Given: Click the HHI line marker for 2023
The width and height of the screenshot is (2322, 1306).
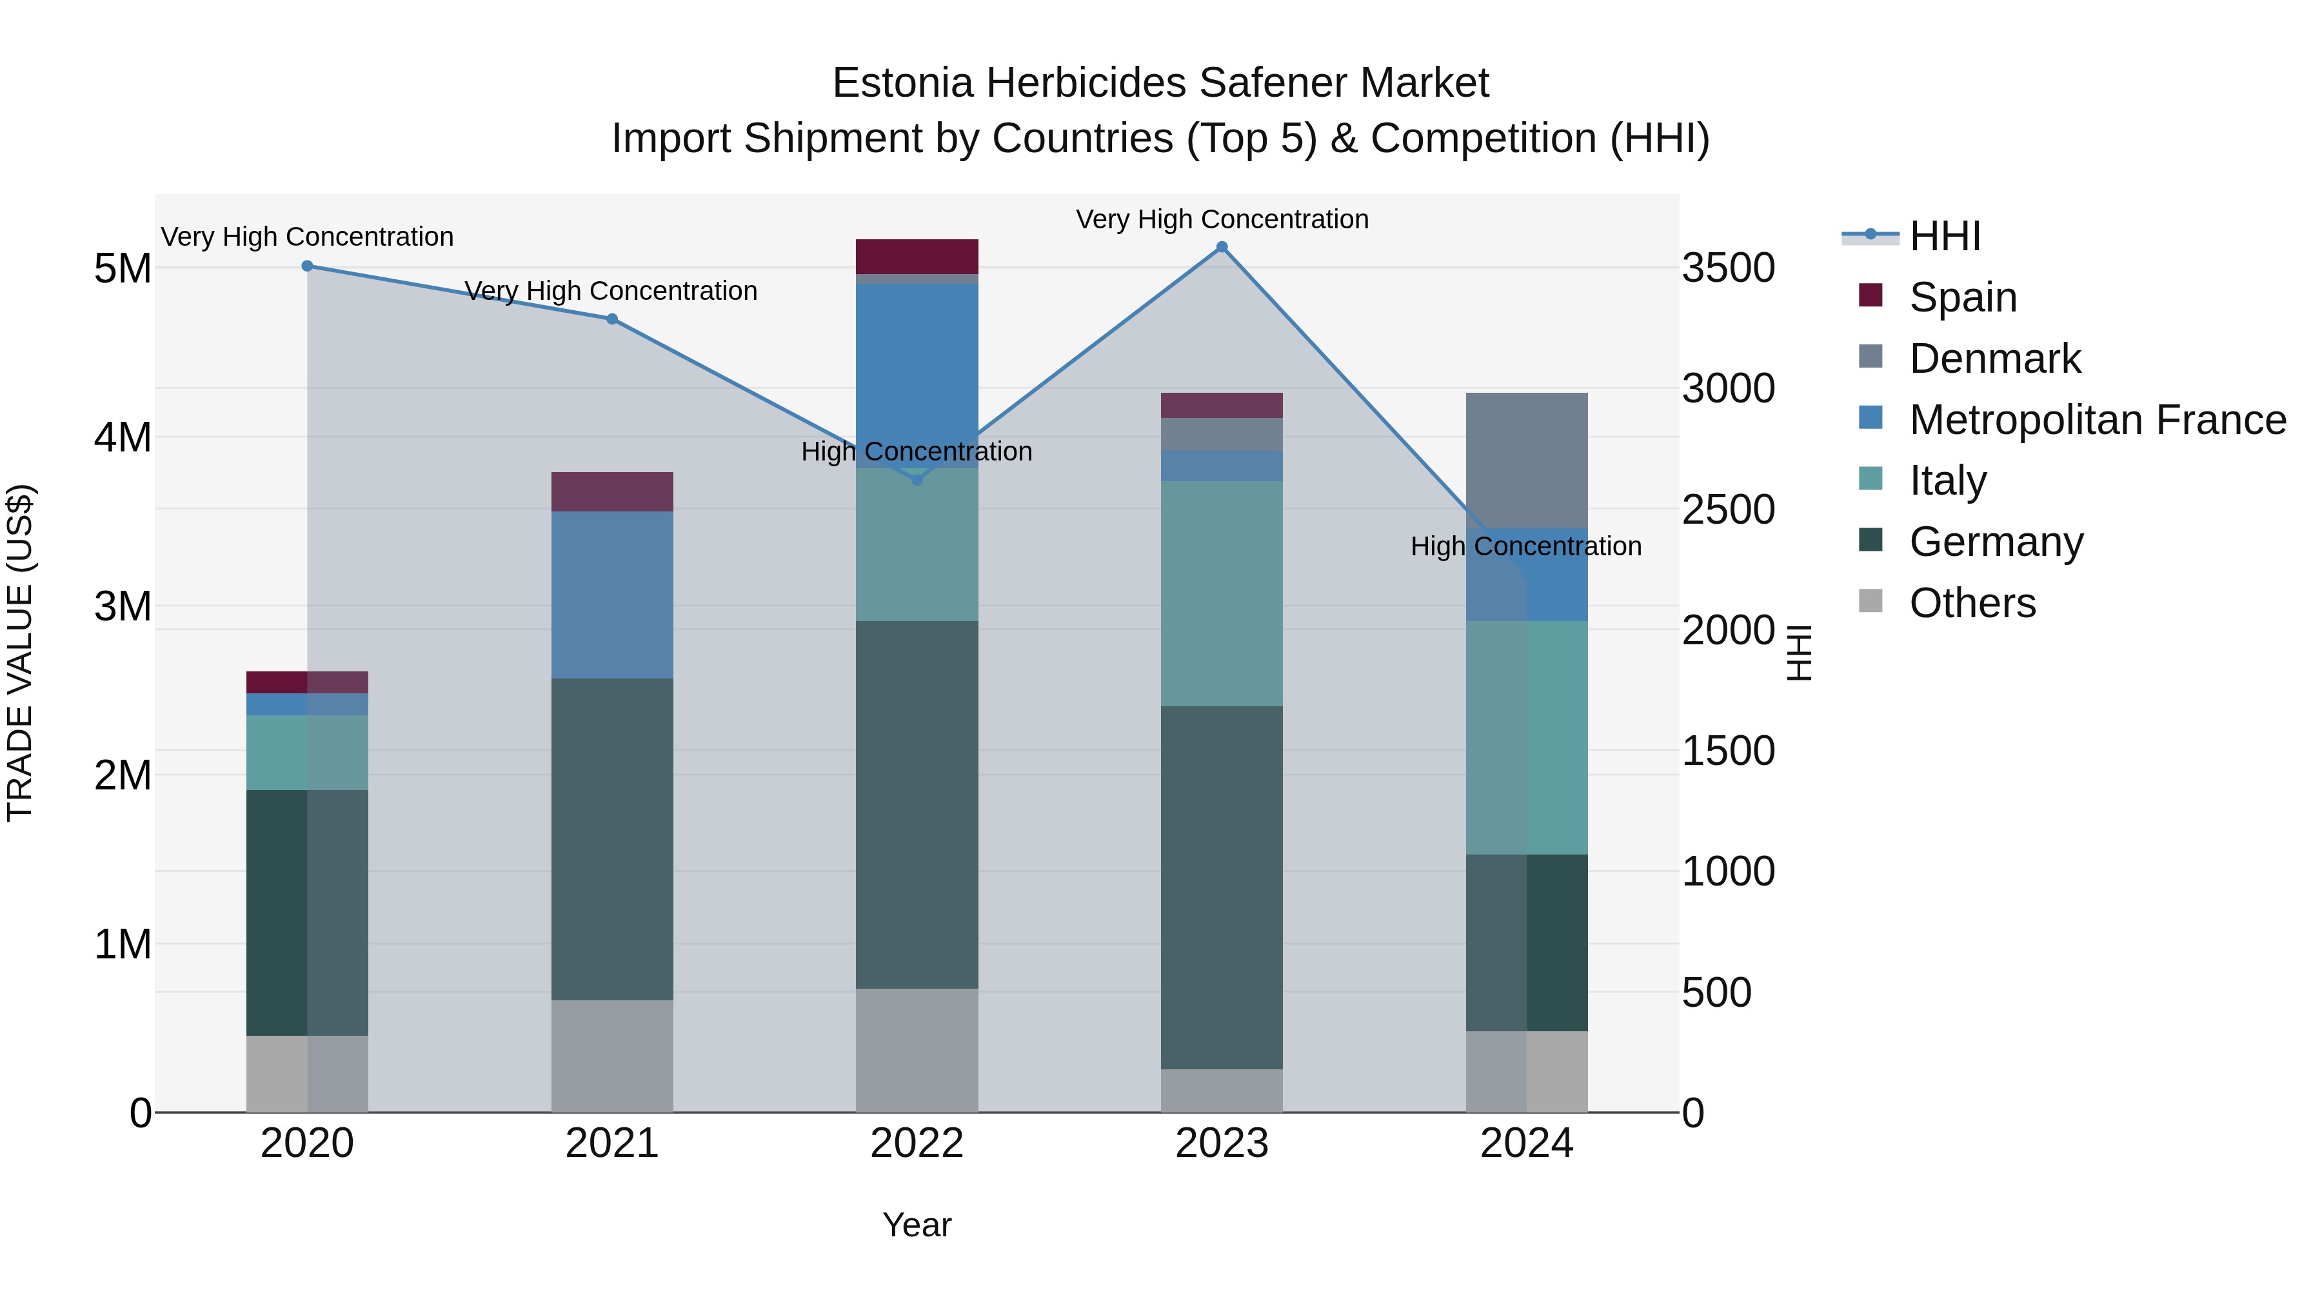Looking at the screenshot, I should (x=1222, y=247).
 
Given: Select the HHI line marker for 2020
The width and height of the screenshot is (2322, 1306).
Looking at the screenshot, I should (x=308, y=266).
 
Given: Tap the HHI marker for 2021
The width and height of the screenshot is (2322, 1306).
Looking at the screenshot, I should (x=612, y=319).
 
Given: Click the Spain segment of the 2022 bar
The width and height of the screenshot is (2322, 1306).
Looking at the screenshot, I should (x=917, y=257).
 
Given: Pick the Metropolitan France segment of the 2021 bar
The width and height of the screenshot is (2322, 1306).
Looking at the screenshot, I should (x=612, y=595).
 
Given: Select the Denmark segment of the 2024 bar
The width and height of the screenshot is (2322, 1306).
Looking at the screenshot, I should (x=1526, y=460).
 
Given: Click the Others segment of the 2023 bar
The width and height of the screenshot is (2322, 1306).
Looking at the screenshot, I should (x=1222, y=1091).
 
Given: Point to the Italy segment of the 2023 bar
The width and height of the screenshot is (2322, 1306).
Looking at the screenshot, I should (x=1222, y=593).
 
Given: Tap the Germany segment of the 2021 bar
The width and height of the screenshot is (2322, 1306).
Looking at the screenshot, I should (x=612, y=838).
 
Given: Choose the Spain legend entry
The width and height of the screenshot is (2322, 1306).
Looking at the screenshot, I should (x=1962, y=297).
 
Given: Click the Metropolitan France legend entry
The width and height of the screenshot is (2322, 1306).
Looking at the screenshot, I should (x=2097, y=420).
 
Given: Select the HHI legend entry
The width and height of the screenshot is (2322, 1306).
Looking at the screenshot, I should (x=1944, y=236).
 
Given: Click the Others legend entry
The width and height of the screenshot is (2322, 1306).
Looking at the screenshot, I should (x=1971, y=603).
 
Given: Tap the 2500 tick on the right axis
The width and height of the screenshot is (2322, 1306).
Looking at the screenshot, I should (x=1728, y=510).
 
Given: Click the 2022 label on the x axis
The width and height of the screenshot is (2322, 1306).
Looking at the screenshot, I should (x=917, y=1143).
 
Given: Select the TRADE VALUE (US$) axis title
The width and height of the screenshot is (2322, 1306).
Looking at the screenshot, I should (x=20, y=653).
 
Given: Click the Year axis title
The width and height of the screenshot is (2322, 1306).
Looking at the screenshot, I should (x=917, y=1225).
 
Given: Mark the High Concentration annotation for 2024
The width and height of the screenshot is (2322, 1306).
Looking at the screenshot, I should (x=1525, y=546).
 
